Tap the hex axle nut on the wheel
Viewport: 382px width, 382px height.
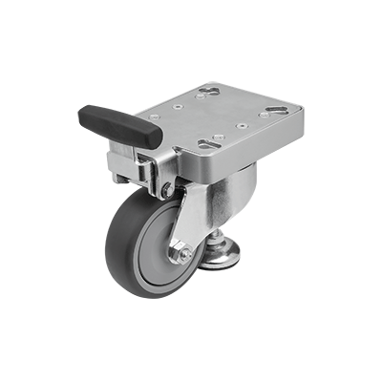click(181, 256)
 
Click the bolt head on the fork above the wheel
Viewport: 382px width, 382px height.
click(168, 190)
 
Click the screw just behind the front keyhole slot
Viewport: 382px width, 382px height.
click(219, 137)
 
